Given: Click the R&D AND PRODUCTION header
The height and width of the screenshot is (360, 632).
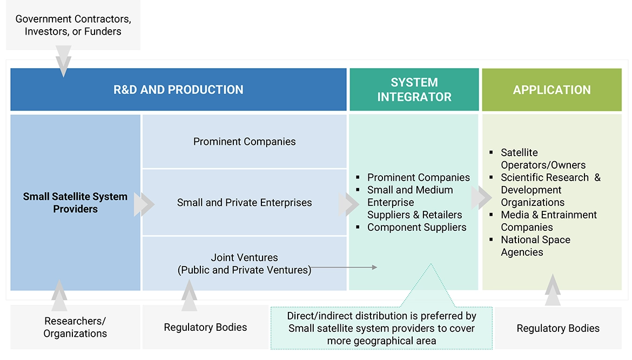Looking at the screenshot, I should point(178,90).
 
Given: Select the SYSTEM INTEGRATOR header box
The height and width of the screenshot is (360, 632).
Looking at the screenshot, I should point(414,90).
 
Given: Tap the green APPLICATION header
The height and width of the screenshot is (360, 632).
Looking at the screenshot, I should point(552,90).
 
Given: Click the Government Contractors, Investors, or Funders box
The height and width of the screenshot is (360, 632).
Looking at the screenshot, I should point(73,25).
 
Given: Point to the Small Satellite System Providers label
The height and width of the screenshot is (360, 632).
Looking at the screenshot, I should point(75,203).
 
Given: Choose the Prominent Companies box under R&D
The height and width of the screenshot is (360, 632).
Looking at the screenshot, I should point(244,142).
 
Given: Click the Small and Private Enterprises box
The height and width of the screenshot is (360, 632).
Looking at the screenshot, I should point(244,203).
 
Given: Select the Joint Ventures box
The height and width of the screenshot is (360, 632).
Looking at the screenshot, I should point(244,264).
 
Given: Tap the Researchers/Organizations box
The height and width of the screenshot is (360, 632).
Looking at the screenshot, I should point(75,327).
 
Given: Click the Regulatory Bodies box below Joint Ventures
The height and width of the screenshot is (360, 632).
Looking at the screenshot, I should point(205,327).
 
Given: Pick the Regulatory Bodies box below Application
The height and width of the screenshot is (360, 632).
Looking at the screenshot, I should point(558,328).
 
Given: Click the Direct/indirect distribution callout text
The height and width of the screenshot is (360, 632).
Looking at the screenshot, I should point(381,328).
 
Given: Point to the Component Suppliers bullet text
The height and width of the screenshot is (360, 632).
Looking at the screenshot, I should point(416,227).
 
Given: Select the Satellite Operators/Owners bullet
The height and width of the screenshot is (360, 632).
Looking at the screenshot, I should point(543,159).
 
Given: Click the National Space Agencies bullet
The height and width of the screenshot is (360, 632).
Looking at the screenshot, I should point(535,246).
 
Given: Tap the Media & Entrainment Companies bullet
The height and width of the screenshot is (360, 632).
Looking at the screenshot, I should point(548,221).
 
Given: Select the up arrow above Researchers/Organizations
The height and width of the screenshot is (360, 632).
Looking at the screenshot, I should point(59,295).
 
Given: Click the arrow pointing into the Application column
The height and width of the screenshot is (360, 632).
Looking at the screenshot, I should point(481,198).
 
